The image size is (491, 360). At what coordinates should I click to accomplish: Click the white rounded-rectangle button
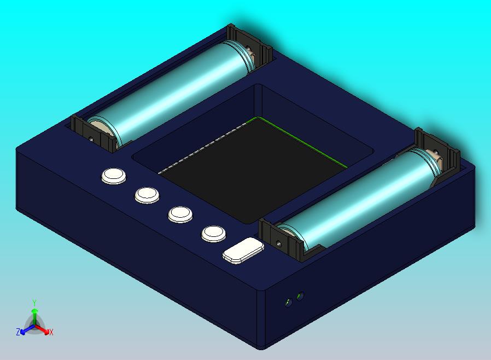pyautogui.click(x=243, y=251)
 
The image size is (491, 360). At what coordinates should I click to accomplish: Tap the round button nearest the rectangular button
pyautogui.click(x=214, y=234)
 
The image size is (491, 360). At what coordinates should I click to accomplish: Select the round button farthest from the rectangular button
pyautogui.click(x=114, y=176)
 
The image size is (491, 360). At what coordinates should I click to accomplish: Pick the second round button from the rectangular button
pyautogui.click(x=180, y=214)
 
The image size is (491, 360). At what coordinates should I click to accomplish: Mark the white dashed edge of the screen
pyautogui.click(x=208, y=145)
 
